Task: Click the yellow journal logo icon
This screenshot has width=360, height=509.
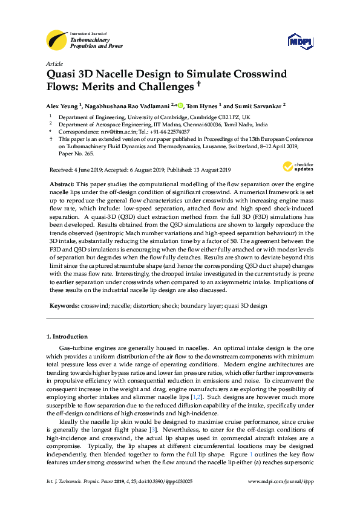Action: coord(56,40)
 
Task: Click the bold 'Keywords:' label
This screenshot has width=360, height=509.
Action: coord(64,306)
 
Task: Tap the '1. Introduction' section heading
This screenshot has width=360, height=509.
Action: coord(67,336)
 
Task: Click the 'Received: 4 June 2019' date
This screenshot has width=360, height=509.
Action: coord(74,169)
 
